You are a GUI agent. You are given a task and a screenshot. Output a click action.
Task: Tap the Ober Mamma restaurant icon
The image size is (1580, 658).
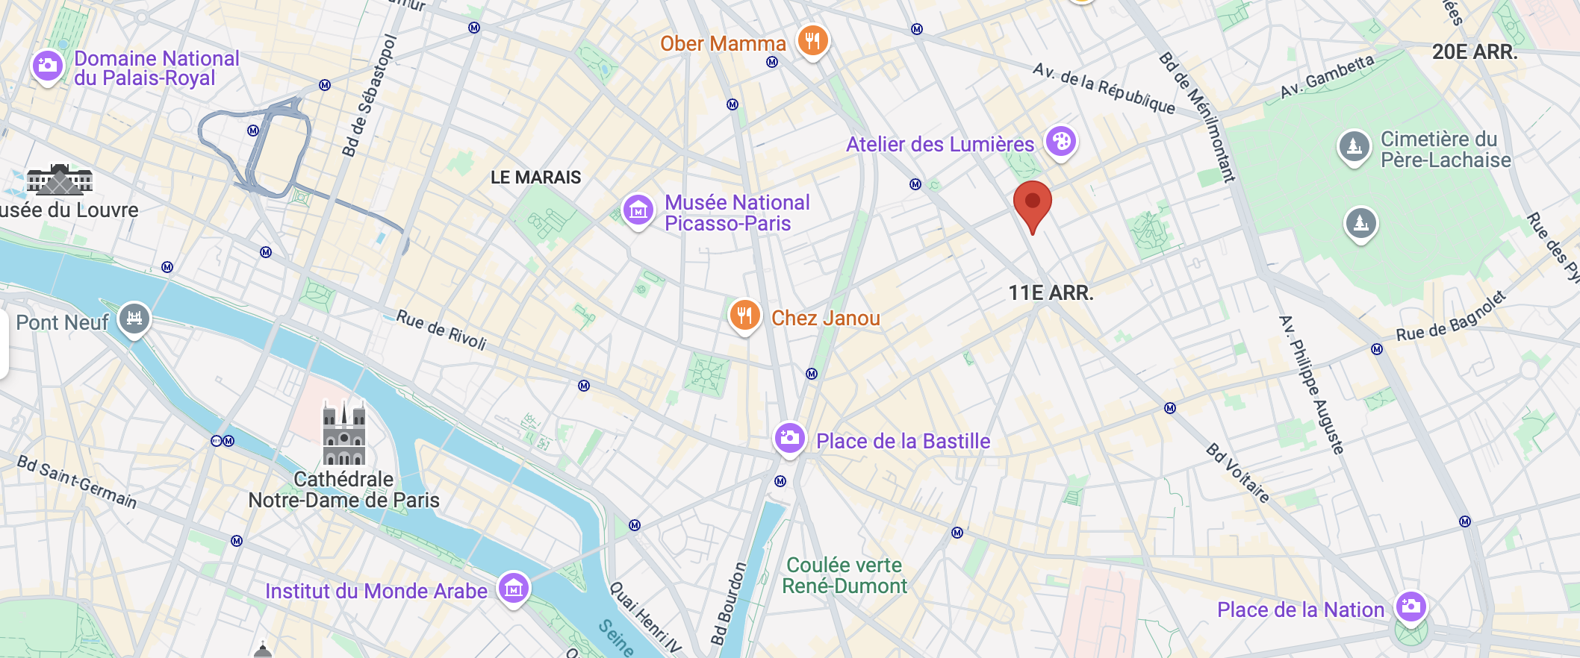point(812,40)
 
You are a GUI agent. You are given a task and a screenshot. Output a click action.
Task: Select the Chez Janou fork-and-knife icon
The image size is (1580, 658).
point(744,316)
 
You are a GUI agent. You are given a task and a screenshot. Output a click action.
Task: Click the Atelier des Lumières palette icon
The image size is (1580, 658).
point(1060,141)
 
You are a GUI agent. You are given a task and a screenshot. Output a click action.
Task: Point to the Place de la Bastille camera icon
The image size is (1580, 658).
point(789,438)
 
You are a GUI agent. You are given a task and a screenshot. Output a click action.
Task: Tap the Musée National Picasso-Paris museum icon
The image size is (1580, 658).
point(638,210)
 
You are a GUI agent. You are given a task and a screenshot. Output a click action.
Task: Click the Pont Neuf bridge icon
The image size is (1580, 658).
point(134,319)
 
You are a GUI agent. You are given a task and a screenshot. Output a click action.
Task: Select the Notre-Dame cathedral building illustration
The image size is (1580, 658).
point(343,433)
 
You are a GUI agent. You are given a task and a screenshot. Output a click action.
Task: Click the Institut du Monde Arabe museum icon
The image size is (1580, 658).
point(514,589)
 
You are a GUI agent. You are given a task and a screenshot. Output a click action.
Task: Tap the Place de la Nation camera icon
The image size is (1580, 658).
point(1411,607)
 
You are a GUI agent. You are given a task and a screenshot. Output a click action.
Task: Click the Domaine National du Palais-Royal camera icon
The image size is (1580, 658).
point(47,66)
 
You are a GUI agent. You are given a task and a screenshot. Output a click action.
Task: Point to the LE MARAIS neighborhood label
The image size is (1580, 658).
point(535,178)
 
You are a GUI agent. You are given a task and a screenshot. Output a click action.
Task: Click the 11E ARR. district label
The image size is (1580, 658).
point(1051,293)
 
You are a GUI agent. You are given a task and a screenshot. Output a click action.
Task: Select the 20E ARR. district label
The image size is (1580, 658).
point(1475,52)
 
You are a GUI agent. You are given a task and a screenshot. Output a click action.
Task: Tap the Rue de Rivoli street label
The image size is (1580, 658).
point(441,330)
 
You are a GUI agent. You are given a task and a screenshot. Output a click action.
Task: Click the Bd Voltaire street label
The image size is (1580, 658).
point(1237,472)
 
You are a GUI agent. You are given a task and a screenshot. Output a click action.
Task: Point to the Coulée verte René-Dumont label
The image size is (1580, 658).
point(844,575)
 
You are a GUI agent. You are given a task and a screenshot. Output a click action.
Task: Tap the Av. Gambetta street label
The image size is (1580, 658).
point(1327,76)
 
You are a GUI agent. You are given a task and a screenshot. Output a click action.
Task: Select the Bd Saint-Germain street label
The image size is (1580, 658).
point(77,482)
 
